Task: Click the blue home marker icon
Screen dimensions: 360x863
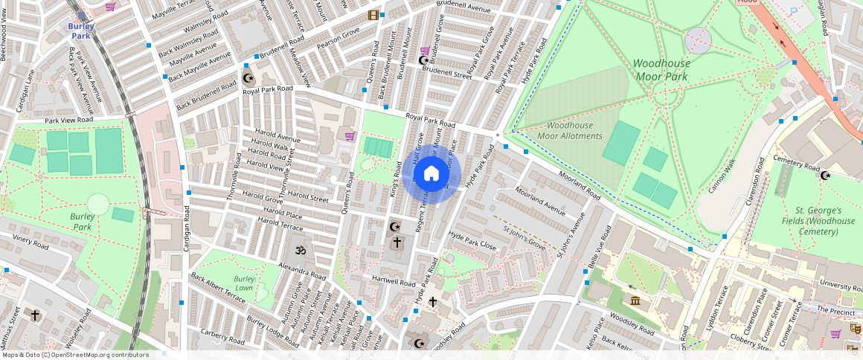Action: pyautogui.click(x=431, y=174)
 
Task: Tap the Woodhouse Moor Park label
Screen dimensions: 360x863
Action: pyautogui.click(x=661, y=70)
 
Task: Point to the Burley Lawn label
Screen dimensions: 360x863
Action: pyautogui.click(x=244, y=283)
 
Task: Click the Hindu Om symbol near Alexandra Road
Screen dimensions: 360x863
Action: pyautogui.click(x=300, y=250)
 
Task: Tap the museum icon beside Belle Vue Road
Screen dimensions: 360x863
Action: pyautogui.click(x=635, y=300)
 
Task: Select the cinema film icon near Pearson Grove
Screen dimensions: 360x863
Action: pyautogui.click(x=373, y=15)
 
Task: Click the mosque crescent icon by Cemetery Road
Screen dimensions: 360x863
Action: pyautogui.click(x=824, y=176)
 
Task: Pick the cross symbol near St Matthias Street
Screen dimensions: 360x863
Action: pyautogui.click(x=34, y=315)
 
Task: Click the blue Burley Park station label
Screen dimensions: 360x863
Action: pyautogui.click(x=81, y=30)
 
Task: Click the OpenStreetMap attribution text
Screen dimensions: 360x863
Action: pyautogui.click(x=75, y=355)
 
